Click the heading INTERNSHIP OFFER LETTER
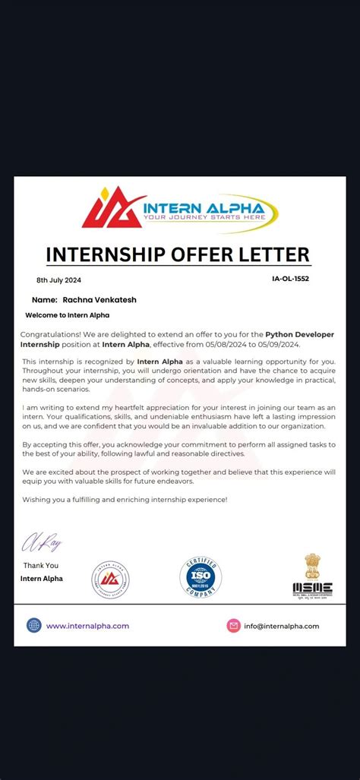pyautogui.click(x=178, y=254)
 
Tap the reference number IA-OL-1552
pyautogui.click(x=290, y=279)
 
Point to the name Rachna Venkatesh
pyautogui.click(x=99, y=300)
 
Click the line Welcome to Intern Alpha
pyautogui.click(x=68, y=315)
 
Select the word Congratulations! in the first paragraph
pyautogui.click(x=51, y=334)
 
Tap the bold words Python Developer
pyautogui.click(x=299, y=334)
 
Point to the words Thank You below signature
pyautogui.click(x=40, y=565)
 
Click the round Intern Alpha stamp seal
pyautogui.click(x=111, y=579)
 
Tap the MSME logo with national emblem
pyautogui.click(x=312, y=575)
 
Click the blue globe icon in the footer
pyautogui.click(x=34, y=625)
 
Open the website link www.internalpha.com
pyautogui.click(x=87, y=626)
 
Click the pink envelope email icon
pyautogui.click(x=233, y=626)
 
